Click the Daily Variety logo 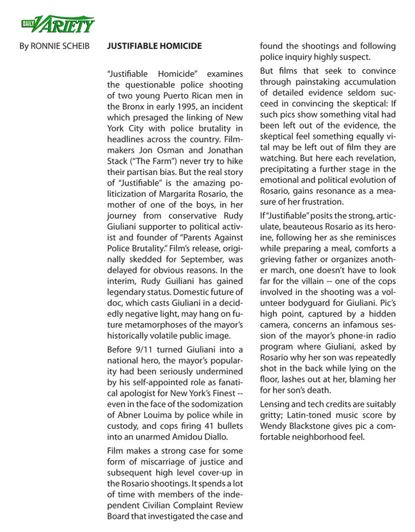click(57, 24)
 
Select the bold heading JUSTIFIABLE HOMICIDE click(154, 46)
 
